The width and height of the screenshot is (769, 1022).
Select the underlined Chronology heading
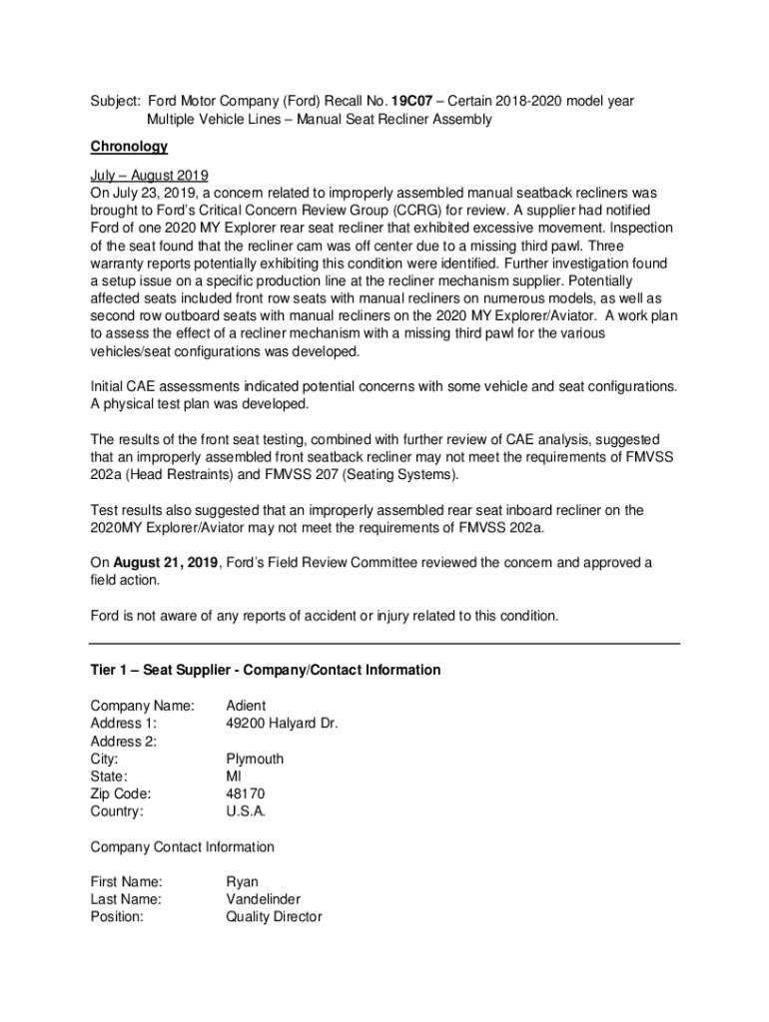tap(129, 146)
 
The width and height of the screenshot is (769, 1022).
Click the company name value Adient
tap(246, 706)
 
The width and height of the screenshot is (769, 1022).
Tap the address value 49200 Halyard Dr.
tap(282, 724)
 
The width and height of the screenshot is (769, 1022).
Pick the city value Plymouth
tap(255, 759)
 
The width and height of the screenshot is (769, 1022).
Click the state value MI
tap(234, 776)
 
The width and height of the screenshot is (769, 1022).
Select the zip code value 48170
tap(246, 793)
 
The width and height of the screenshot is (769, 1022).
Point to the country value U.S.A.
tap(246, 811)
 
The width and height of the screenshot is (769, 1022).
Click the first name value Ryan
tap(242, 882)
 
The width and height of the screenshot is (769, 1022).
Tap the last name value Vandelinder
tap(263, 899)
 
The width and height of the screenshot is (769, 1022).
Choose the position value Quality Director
tap(274, 917)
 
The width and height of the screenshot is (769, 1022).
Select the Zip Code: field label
tap(121, 793)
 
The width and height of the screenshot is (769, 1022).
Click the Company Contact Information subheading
tap(182, 847)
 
